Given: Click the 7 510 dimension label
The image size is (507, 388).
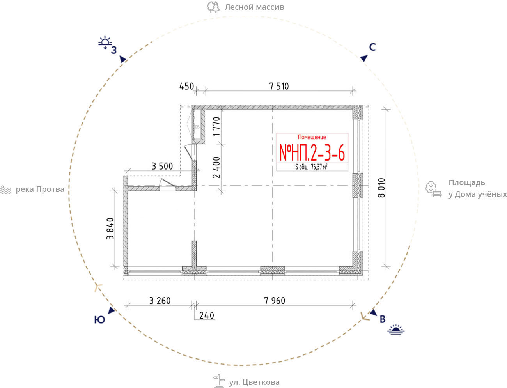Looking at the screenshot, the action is (279, 87).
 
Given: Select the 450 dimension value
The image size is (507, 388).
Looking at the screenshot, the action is (187, 87).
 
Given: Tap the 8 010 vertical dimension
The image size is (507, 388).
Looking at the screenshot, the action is (381, 188).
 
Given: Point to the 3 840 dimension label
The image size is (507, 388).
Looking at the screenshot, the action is (110, 229).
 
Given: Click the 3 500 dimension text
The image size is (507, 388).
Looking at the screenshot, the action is (162, 166).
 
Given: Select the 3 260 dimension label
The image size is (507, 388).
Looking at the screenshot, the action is (160, 301).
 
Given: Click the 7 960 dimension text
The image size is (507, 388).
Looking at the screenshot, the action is (275, 301).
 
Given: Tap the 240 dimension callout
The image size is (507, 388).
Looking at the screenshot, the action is (206, 315).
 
